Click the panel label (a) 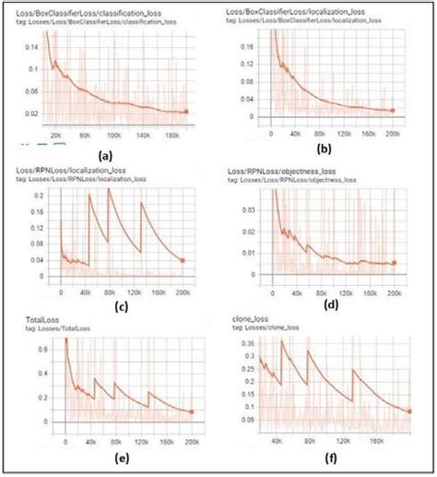pos(106,156)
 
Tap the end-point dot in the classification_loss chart pos(187,112)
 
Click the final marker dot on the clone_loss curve pos(408,411)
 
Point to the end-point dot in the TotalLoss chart pos(191,411)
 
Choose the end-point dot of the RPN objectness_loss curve pos(395,263)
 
